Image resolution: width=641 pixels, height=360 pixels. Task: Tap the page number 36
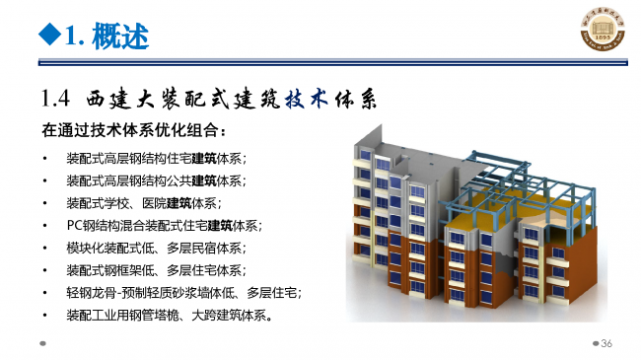[x=606, y=342]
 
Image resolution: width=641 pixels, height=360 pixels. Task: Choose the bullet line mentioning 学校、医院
[x=142, y=203]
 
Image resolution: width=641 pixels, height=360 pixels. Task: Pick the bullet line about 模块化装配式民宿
[x=156, y=248]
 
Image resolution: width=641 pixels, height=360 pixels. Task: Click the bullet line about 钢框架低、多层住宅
[x=156, y=270]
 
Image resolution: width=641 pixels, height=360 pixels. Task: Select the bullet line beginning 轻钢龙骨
[x=182, y=293]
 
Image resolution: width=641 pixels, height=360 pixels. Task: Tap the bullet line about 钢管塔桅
[x=169, y=316]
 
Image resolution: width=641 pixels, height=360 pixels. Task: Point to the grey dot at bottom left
[x=43, y=343]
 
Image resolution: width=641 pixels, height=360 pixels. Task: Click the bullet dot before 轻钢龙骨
[x=44, y=293]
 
